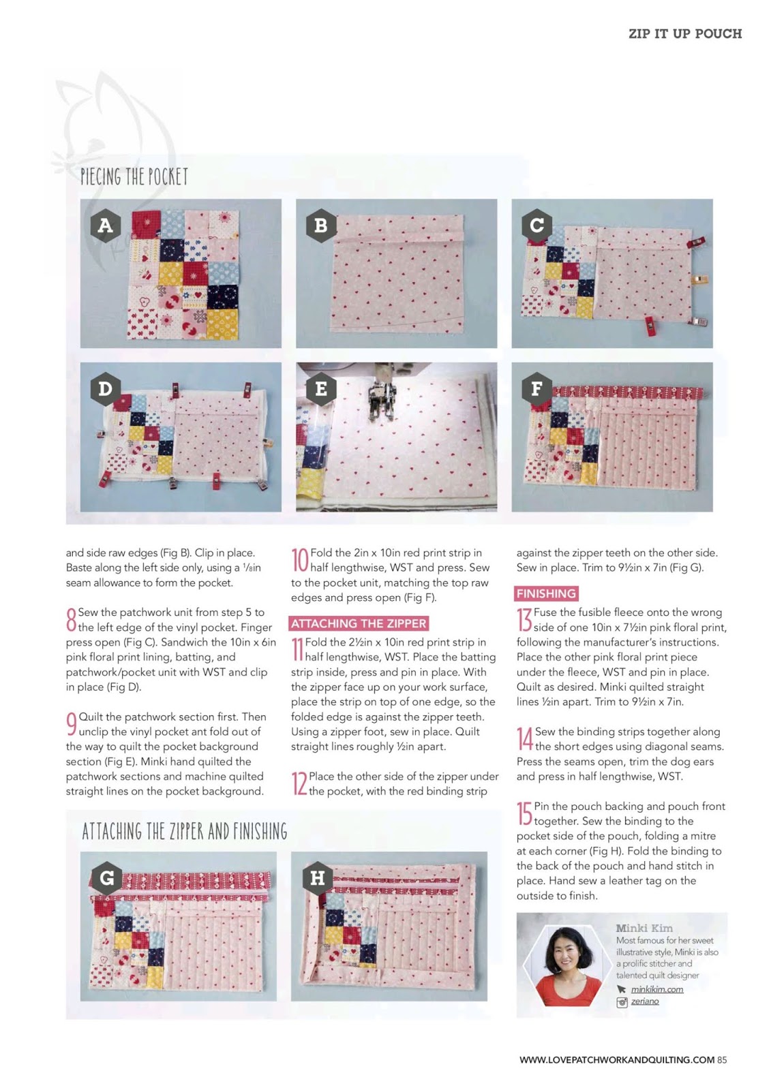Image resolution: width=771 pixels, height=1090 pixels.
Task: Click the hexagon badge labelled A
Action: [106, 225]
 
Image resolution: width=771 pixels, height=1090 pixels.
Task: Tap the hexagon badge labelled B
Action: [321, 225]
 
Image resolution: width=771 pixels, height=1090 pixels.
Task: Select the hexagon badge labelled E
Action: [321, 389]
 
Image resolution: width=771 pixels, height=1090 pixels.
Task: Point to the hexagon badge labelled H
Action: [317, 878]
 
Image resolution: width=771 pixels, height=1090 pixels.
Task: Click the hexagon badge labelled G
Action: [106, 878]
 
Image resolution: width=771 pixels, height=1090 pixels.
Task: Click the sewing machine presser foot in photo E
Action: [380, 401]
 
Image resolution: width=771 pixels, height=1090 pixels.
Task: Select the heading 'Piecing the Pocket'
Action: [134, 176]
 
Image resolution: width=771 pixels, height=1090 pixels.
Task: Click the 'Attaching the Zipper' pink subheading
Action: [359, 623]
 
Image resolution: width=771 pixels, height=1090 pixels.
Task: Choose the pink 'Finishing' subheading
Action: [546, 593]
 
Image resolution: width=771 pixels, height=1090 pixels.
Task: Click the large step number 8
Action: [71, 619]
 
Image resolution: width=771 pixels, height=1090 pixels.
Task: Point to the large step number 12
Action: [299, 783]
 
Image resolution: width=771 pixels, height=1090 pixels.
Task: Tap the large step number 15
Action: [524, 813]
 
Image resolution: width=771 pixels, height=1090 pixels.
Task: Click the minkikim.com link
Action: [657, 989]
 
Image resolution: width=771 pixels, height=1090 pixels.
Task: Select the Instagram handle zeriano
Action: [645, 1001]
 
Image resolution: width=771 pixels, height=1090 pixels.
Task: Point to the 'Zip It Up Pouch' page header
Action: [685, 33]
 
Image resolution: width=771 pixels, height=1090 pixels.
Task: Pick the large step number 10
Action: [300, 560]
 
